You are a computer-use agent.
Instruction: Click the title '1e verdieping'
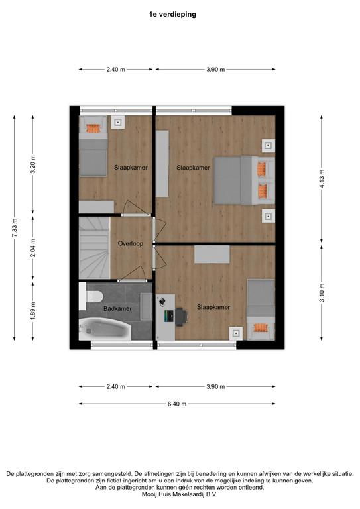pyautogui.click(x=172, y=15)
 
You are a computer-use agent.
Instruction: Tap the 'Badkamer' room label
pyautogui.click(x=117, y=308)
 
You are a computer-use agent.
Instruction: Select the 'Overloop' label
pyautogui.click(x=131, y=243)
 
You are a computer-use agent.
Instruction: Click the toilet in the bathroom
pyautogui.click(x=91, y=296)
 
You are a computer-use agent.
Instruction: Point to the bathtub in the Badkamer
pyautogui.click(x=105, y=329)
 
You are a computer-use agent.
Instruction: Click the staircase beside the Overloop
pyautogui.click(x=94, y=248)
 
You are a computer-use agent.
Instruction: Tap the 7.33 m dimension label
pyautogui.click(x=15, y=228)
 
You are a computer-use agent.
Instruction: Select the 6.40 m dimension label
pyautogui.click(x=177, y=404)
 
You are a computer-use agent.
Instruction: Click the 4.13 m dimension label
pyautogui.click(x=322, y=179)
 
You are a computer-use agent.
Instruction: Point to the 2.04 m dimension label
pyautogui.click(x=33, y=248)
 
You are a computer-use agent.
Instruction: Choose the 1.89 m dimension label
pyautogui.click(x=33, y=311)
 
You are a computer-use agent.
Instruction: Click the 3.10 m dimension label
pyautogui.click(x=322, y=293)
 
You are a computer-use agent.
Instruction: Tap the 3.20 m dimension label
pyautogui.click(x=33, y=164)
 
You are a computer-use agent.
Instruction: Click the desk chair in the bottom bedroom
pyautogui.click(x=181, y=316)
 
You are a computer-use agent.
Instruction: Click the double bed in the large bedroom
pyautogui.click(x=244, y=180)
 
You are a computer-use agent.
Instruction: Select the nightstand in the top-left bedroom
pyautogui.click(x=118, y=123)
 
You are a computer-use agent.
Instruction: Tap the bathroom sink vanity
pyautogui.click(x=146, y=306)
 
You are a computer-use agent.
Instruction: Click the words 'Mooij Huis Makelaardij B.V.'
pyautogui.click(x=180, y=494)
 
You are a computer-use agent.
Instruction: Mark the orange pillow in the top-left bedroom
pyautogui.click(x=93, y=128)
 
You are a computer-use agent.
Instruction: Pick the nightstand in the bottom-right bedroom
pyautogui.click(x=236, y=333)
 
